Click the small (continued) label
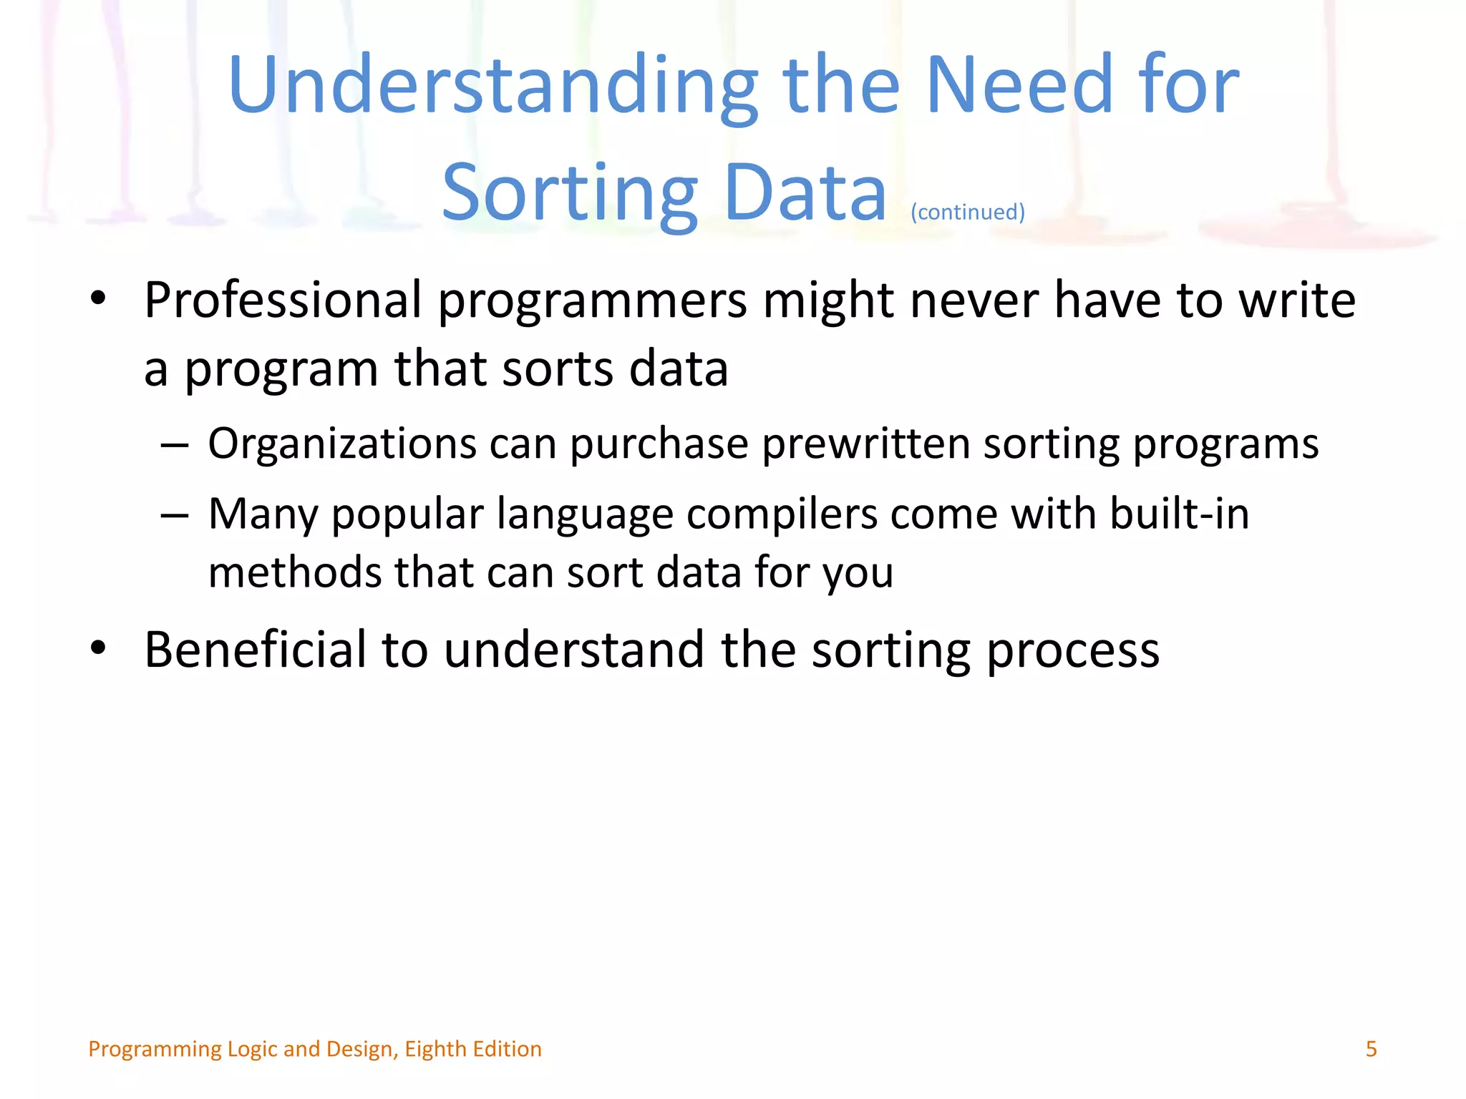pos(968,213)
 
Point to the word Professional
pos(283,301)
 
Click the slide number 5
pos(1371,1049)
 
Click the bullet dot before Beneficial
pos(99,648)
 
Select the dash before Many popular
pos(175,515)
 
